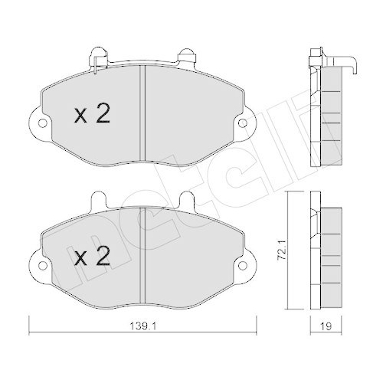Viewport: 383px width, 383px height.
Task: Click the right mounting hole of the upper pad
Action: (244, 122)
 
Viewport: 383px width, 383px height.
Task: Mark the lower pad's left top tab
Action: (96, 200)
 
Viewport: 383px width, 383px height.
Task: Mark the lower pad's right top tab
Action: (186, 200)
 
